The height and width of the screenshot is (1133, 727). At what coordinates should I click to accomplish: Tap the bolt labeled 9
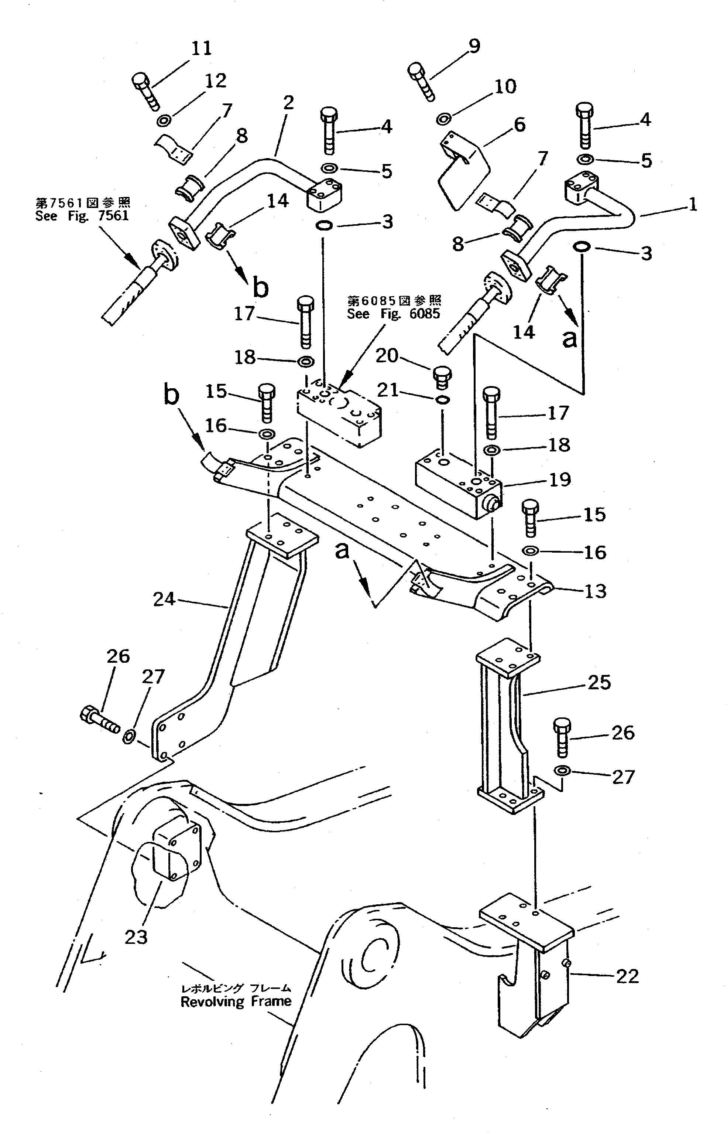tap(421, 81)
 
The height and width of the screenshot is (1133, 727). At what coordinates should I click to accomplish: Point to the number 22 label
tap(627, 976)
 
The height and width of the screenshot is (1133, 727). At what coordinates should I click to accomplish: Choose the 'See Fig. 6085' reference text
tap(393, 314)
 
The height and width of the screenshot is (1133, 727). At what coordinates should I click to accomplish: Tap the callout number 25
tap(599, 682)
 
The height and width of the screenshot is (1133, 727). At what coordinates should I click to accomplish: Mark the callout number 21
tap(388, 390)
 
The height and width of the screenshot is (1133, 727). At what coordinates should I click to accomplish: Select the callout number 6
tap(519, 125)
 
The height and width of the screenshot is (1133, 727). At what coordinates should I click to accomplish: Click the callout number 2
tap(288, 102)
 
